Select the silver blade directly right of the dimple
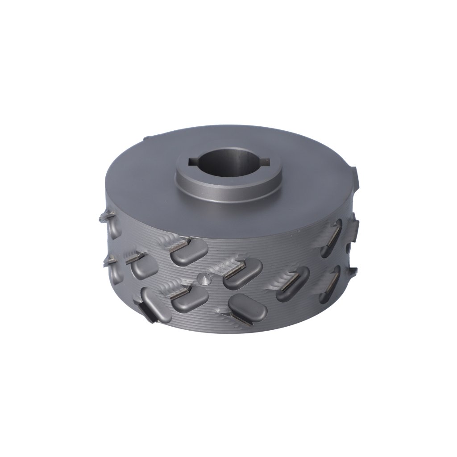[234, 271]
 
